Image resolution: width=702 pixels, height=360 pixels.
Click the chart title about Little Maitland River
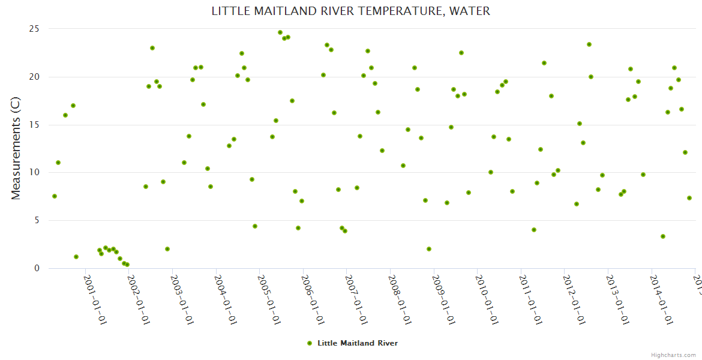coord(350,11)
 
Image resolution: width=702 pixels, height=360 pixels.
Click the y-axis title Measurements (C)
coord(16,148)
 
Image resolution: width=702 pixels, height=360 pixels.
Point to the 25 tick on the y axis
coord(34,29)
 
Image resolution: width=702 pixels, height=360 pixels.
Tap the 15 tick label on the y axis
coord(34,125)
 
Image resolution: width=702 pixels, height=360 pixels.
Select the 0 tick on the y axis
coord(37,268)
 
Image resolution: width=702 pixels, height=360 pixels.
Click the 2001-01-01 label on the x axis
coord(95,300)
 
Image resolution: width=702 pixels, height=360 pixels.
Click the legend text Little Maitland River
coord(358,343)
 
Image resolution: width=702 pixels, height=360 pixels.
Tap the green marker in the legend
coord(310,343)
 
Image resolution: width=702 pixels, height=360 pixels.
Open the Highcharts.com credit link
coord(673,355)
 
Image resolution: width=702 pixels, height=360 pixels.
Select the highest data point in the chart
coord(280,32)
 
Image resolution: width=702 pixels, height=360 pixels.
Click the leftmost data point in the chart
coord(55,196)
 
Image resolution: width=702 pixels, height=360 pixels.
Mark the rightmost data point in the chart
coord(689,198)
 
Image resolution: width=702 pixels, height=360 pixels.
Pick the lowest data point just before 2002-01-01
coord(127,265)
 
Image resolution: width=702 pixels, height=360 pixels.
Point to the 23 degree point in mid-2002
coord(152,48)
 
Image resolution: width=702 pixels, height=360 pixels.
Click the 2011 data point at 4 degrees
coord(534,230)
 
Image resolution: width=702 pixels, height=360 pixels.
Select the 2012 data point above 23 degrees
coord(589,44)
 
